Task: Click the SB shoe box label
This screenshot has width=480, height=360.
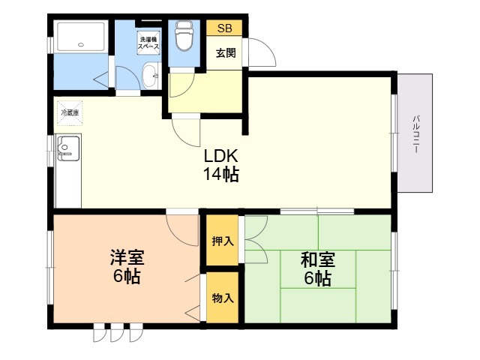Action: (x=225, y=28)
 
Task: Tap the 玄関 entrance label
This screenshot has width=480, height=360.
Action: (x=226, y=53)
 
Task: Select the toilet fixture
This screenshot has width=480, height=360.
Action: (x=184, y=35)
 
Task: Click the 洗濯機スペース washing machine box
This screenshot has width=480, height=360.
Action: (x=148, y=43)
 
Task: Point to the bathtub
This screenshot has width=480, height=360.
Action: (x=81, y=36)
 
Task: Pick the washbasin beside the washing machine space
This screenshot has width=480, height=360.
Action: (x=151, y=75)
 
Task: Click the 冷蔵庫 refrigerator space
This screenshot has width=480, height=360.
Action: (x=70, y=113)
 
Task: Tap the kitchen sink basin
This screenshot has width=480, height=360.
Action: (x=68, y=148)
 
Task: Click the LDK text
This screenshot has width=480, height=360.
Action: (x=220, y=156)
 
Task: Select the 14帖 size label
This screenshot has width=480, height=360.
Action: (x=220, y=174)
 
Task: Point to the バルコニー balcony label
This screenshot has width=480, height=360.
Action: (x=415, y=134)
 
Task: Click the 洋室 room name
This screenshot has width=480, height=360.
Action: (x=127, y=257)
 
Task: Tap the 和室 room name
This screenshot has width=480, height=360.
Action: (x=318, y=259)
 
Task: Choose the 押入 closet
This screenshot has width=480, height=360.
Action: (x=222, y=241)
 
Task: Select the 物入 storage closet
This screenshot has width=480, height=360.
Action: (x=222, y=297)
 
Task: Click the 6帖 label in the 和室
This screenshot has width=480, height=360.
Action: (x=318, y=278)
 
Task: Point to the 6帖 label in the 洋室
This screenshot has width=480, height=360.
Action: (x=127, y=277)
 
